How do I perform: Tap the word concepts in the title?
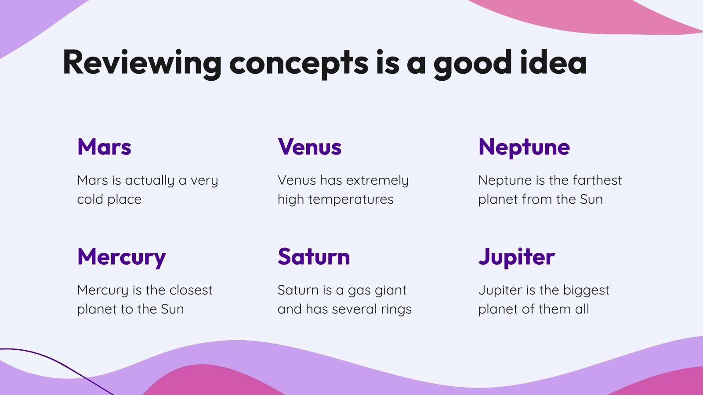pyautogui.click(x=299, y=65)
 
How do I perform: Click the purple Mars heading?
pyautogui.click(x=104, y=147)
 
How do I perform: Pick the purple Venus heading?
pyautogui.click(x=309, y=147)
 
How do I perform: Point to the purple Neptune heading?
pyautogui.click(x=524, y=148)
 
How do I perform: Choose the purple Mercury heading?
pyautogui.click(x=121, y=258)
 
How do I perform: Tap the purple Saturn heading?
pyautogui.click(x=314, y=256)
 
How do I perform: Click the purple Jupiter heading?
pyautogui.click(x=517, y=258)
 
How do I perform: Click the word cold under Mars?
pyautogui.click(x=90, y=199)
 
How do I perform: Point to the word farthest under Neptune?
pyautogui.click(x=597, y=180)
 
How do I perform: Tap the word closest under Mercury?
pyautogui.click(x=191, y=290)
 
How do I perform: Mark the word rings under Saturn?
pyautogui.click(x=396, y=310)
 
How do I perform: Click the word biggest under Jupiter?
pyautogui.click(x=586, y=291)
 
